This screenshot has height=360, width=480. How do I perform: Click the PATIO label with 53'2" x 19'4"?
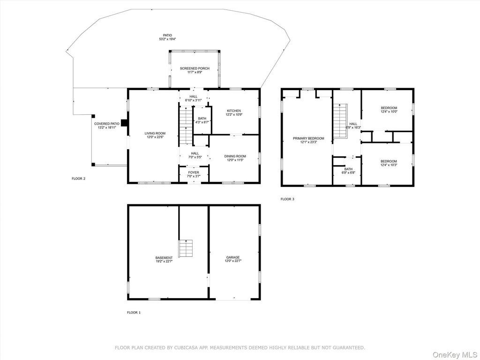[167, 37]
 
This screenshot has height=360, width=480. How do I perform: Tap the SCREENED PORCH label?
[195, 70]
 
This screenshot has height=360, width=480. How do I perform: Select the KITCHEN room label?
[233, 112]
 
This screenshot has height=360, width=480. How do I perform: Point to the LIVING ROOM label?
[155, 135]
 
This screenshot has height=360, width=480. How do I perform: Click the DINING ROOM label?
[235, 158]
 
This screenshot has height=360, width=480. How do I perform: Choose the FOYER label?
[194, 174]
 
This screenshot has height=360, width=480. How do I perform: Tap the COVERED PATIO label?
[106, 126]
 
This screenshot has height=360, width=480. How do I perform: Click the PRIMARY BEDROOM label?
[308, 140]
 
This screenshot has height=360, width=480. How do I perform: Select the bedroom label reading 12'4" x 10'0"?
[389, 110]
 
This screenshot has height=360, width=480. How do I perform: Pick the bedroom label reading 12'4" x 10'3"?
[389, 163]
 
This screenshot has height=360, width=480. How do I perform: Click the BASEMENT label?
[164, 260]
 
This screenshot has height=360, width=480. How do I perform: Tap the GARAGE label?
[233, 259]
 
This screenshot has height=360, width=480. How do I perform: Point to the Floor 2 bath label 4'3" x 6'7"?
[202, 120]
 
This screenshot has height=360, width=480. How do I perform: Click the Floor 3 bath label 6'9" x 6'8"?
[348, 171]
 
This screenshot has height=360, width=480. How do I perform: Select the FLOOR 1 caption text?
[134, 313]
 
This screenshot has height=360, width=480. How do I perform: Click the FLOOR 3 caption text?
[287, 199]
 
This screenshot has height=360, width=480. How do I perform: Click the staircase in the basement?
[186, 248]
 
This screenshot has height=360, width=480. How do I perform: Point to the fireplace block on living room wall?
[125, 123]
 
